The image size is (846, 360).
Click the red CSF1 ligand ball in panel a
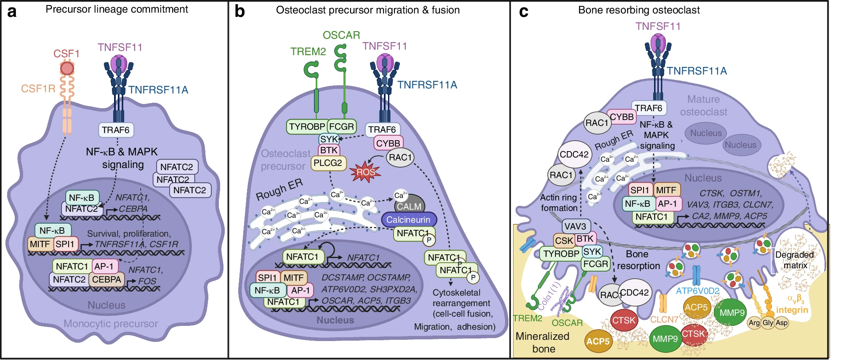click(x=67, y=68)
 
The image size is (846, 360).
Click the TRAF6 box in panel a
click(x=116, y=130)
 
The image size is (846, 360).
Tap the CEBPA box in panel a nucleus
click(x=106, y=280)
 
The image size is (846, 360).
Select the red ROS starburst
click(x=365, y=172)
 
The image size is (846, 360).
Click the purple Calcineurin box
click(x=408, y=219)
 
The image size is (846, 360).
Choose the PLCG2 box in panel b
click(x=328, y=163)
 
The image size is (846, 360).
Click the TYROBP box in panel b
click(x=307, y=126)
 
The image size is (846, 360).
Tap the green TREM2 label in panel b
click(x=308, y=51)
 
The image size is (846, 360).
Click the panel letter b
click(x=239, y=11)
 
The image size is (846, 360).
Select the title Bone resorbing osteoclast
click(x=639, y=10)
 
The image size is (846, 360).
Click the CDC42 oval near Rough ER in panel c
click(x=574, y=155)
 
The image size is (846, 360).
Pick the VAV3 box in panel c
click(x=575, y=227)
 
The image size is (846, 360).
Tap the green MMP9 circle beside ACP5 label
click(x=732, y=312)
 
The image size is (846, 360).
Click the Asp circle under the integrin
click(x=782, y=323)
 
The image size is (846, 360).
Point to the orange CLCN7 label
click(x=664, y=320)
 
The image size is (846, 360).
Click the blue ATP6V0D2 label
click(x=697, y=291)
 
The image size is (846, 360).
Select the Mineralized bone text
click(x=543, y=342)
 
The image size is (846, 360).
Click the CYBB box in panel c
click(x=622, y=117)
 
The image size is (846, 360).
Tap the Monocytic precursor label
click(x=111, y=324)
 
